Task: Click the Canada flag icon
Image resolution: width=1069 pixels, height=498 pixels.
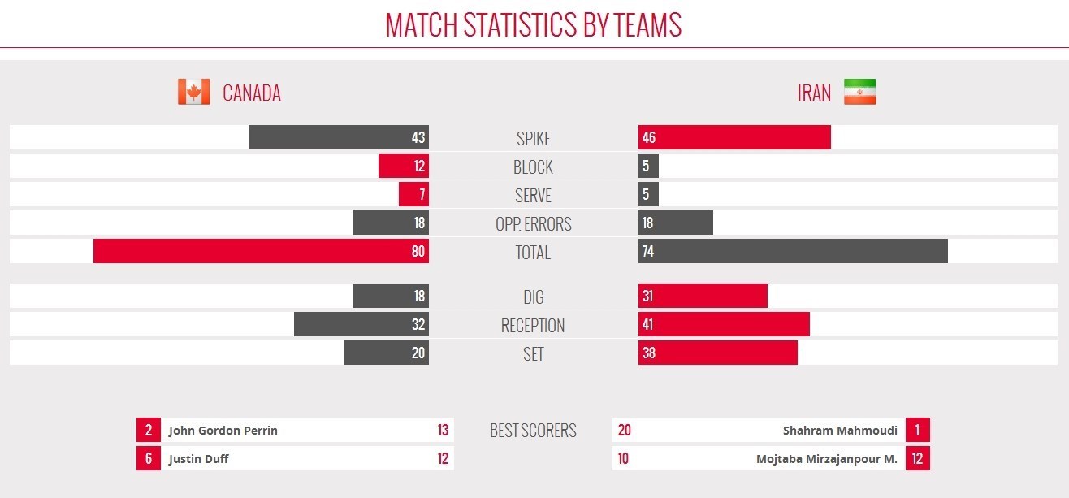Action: point(193,92)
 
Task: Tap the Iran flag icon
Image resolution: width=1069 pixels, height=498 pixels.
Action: point(859,92)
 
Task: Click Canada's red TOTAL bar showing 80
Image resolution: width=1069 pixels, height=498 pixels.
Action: point(261,251)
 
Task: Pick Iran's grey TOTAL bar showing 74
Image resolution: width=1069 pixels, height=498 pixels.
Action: point(793,251)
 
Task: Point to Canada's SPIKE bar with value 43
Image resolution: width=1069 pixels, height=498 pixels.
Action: point(338,137)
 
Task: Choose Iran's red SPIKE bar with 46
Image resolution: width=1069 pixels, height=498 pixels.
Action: point(734,137)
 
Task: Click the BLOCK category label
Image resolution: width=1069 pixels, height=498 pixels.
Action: point(533,167)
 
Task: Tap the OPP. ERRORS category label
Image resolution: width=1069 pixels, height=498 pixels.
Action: point(533,224)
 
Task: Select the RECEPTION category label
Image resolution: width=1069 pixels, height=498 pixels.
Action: point(533,326)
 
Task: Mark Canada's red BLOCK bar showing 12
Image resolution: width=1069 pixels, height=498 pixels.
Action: point(403,167)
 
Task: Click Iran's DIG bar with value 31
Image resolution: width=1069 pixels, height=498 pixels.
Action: point(703,296)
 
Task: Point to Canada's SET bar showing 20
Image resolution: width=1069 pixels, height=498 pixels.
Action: point(386,353)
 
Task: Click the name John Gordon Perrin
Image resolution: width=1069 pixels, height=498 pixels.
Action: point(223,431)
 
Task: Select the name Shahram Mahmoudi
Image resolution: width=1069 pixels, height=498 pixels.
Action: point(840,431)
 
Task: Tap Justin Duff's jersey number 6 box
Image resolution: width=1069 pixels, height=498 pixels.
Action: point(149,458)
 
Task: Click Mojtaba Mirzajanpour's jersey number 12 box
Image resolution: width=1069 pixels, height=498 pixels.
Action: point(917,458)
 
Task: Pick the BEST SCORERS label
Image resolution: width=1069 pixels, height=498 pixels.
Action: point(533,431)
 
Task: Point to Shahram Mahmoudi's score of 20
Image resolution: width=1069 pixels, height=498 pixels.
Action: point(625,431)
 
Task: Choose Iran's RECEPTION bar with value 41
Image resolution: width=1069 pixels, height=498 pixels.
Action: point(724,324)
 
